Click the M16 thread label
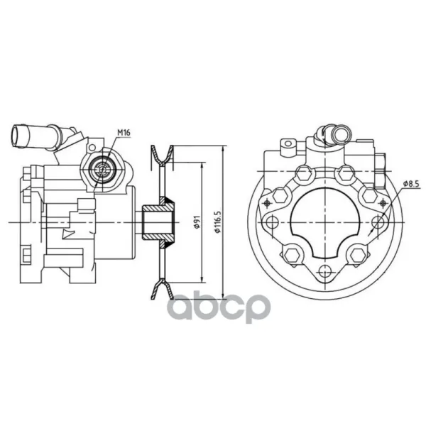click(x=124, y=133)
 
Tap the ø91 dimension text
click(x=197, y=222)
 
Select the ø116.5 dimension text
click(x=218, y=222)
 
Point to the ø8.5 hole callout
click(x=411, y=184)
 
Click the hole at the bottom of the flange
click(x=324, y=271)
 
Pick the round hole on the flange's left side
click(x=271, y=222)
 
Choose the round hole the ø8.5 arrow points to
click(x=378, y=222)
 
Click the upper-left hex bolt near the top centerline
click(x=303, y=173)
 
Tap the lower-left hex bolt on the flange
click(x=292, y=255)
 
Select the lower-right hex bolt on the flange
click(x=357, y=255)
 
